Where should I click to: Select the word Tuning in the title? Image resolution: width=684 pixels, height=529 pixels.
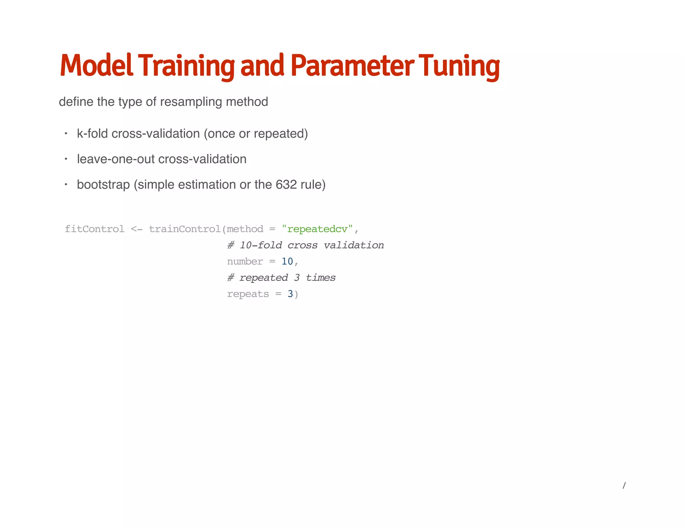click(x=459, y=66)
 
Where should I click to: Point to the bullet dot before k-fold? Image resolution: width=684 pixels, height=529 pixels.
click(x=66, y=134)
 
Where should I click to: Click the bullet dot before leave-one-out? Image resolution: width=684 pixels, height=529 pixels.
click(x=66, y=159)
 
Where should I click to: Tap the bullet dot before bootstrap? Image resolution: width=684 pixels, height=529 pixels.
click(x=66, y=185)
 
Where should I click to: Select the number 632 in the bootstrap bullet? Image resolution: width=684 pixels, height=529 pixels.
click(x=286, y=185)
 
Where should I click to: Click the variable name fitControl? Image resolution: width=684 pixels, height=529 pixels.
click(x=95, y=229)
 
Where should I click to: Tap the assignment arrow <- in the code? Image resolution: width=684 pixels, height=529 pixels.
click(x=137, y=229)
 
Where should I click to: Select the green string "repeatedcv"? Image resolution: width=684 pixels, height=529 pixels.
click(x=317, y=229)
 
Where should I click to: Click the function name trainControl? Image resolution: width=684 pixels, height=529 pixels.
click(x=185, y=229)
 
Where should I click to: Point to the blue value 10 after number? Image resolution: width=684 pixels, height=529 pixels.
click(x=287, y=261)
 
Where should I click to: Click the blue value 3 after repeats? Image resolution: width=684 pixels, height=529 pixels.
click(x=290, y=294)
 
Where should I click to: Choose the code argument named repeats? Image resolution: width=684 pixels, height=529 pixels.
click(x=248, y=294)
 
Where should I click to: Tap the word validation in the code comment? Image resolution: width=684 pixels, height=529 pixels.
click(x=354, y=245)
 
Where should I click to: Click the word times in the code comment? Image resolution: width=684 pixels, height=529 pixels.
click(x=321, y=278)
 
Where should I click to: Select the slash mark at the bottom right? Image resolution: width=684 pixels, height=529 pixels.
click(x=624, y=486)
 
